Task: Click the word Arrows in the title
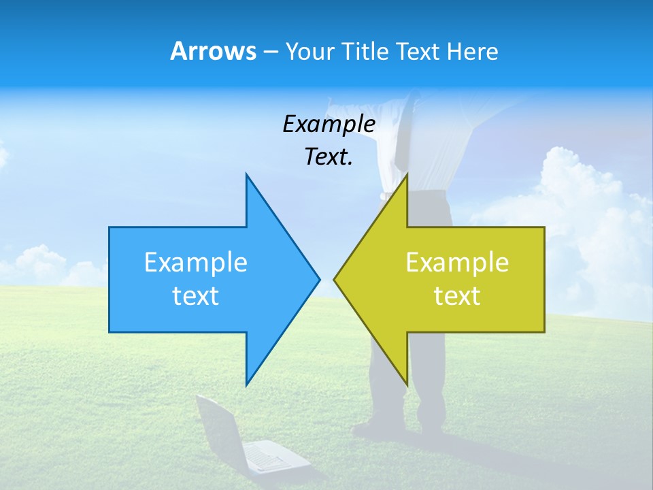point(212,51)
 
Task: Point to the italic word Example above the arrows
point(329,125)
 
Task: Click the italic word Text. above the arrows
point(329,157)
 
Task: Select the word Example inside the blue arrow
point(195,263)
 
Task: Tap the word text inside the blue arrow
point(195,295)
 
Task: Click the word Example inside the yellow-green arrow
point(457,263)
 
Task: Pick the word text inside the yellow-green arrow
point(457,295)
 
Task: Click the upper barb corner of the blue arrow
point(246,174)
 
